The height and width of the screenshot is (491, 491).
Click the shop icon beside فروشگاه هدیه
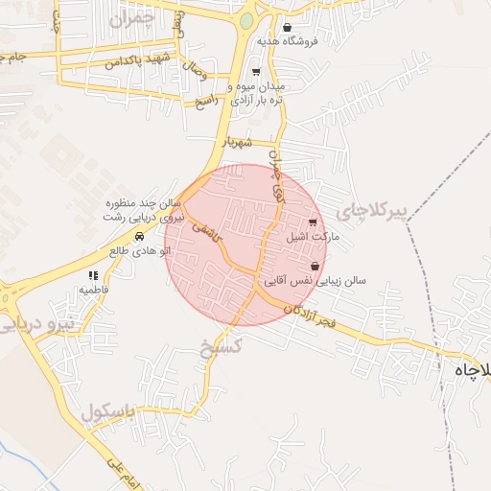[288, 27]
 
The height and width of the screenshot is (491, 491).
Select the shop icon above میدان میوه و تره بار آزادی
[255, 72]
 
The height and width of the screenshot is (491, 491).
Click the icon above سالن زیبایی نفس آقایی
[316, 267]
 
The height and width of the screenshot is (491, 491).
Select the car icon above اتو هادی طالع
[139, 237]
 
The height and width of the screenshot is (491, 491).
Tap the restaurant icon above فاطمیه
[93, 275]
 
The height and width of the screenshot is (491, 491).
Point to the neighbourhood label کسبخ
[218, 348]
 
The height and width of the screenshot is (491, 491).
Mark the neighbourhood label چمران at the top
[131, 18]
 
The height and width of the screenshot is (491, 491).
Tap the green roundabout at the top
[246, 20]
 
